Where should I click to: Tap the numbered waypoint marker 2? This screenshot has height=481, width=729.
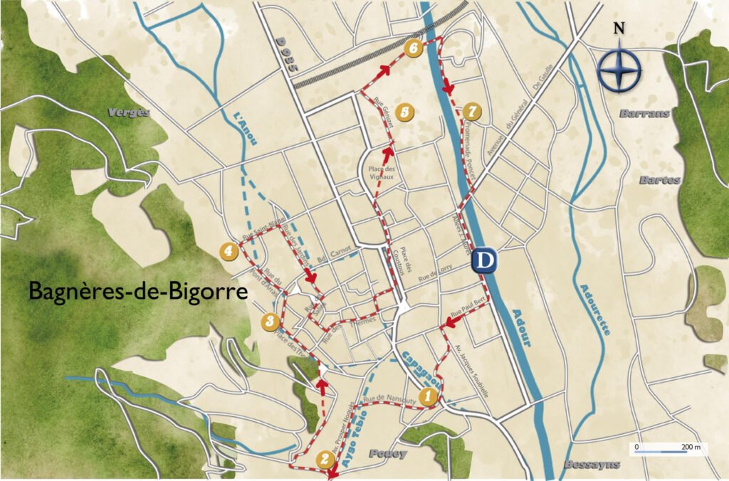[x=325, y=459]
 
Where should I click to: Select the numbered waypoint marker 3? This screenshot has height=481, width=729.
[x=269, y=321]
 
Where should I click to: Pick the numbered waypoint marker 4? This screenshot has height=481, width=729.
[x=229, y=250]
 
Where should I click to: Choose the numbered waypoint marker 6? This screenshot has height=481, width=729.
[x=413, y=48]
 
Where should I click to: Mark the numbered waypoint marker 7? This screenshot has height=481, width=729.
[x=471, y=111]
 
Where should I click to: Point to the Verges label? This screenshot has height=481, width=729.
[x=129, y=112]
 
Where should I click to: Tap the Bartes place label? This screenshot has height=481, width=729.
[x=659, y=180]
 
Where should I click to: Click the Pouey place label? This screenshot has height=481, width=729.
[x=388, y=453]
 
